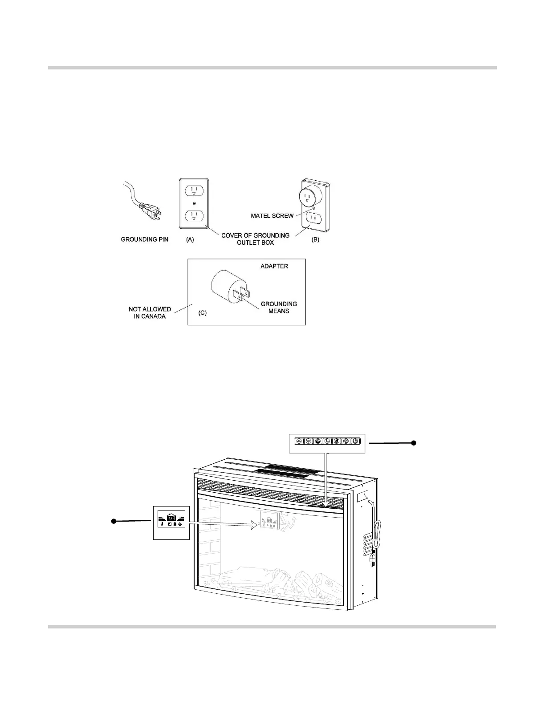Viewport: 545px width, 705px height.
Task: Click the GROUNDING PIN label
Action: (x=145, y=240)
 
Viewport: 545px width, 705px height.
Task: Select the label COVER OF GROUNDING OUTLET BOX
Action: (x=255, y=239)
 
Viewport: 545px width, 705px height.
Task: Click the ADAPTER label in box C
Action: (x=274, y=266)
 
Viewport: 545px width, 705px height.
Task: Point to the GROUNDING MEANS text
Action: (x=279, y=307)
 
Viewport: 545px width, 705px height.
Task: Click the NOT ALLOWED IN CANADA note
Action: (x=150, y=312)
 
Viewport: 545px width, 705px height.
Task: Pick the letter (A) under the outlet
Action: (x=190, y=239)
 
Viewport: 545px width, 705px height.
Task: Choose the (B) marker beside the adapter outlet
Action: (x=315, y=239)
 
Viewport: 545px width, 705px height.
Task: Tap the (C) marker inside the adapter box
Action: (x=202, y=313)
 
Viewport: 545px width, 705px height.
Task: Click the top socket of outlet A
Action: (x=194, y=190)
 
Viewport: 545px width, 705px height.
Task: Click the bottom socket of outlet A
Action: (x=194, y=216)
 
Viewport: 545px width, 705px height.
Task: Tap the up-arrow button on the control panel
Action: (x=299, y=441)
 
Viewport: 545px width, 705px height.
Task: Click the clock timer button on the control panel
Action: (x=327, y=441)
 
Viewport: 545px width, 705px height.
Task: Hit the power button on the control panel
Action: (x=355, y=441)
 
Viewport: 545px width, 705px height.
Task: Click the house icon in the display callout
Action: (x=171, y=518)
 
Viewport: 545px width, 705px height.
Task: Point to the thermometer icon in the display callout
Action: (x=162, y=525)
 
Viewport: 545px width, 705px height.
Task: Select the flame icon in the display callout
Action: (x=181, y=525)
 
